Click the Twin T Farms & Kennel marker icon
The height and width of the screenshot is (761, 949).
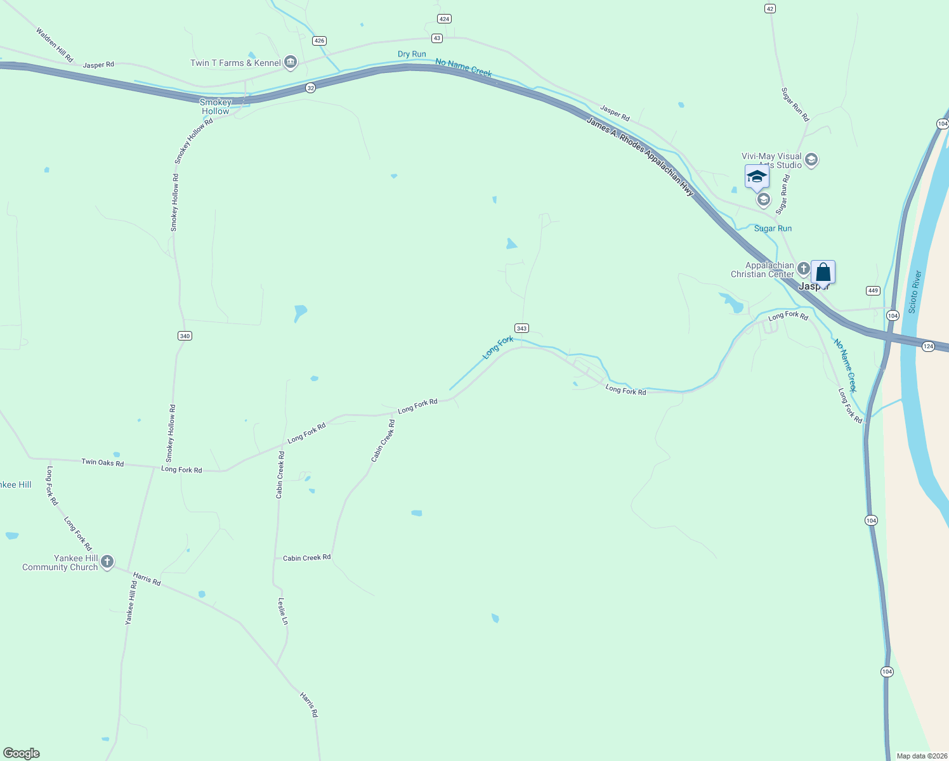[x=291, y=62]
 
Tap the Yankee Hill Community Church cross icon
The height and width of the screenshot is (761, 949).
[x=107, y=561]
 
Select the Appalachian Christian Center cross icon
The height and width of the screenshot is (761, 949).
[x=803, y=268]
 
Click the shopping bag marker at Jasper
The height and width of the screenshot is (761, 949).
[x=823, y=272]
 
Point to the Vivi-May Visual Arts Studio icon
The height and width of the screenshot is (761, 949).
[x=811, y=160]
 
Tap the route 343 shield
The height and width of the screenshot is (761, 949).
[x=521, y=328]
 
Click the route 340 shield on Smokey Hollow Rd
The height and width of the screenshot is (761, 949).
[x=185, y=335]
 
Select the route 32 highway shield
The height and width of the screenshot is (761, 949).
[x=310, y=88]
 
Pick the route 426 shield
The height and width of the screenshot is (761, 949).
[x=319, y=41]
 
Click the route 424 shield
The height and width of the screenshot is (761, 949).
[x=444, y=19]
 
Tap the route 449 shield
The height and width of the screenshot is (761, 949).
[x=873, y=290]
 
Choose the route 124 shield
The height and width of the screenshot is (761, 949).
[x=928, y=346]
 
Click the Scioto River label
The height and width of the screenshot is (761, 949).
[x=914, y=292]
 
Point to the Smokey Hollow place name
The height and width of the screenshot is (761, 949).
[x=216, y=107]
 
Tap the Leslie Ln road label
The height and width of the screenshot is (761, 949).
[x=283, y=611]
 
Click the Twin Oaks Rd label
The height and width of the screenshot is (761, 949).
[x=102, y=463]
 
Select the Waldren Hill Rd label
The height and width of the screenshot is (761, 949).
[x=55, y=44]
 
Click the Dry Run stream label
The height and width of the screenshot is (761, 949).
[x=412, y=54]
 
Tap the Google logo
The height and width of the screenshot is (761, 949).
[x=22, y=753]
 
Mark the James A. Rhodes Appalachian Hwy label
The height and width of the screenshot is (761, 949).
[x=639, y=156]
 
